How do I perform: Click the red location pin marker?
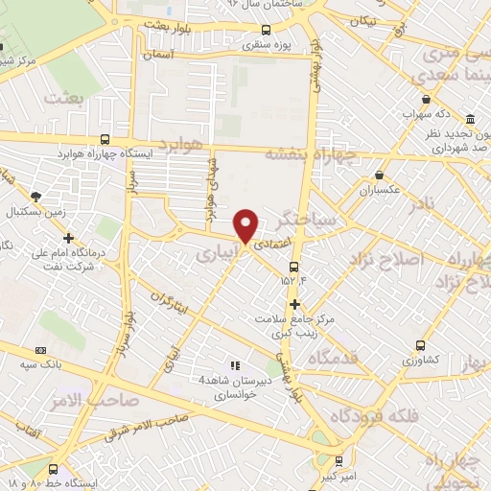tap(246, 225)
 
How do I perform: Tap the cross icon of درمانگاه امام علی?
tap(68, 238)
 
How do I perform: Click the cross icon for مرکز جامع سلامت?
tap(294, 303)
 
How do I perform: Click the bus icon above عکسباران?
tap(380, 175)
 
